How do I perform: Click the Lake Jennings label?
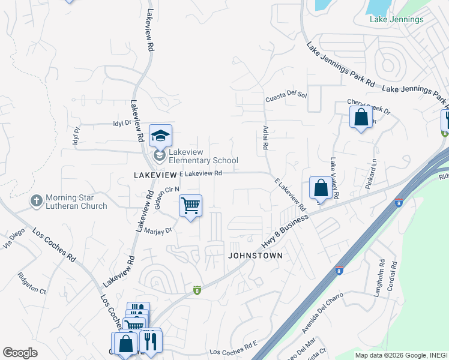click(x=396, y=19)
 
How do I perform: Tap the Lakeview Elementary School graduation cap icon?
click(x=160, y=136)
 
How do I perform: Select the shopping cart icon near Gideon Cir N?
click(x=191, y=206)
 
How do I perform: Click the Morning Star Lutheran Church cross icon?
click(x=37, y=200)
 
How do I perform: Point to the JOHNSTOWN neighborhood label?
click(x=255, y=256)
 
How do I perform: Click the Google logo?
click(x=20, y=353)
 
